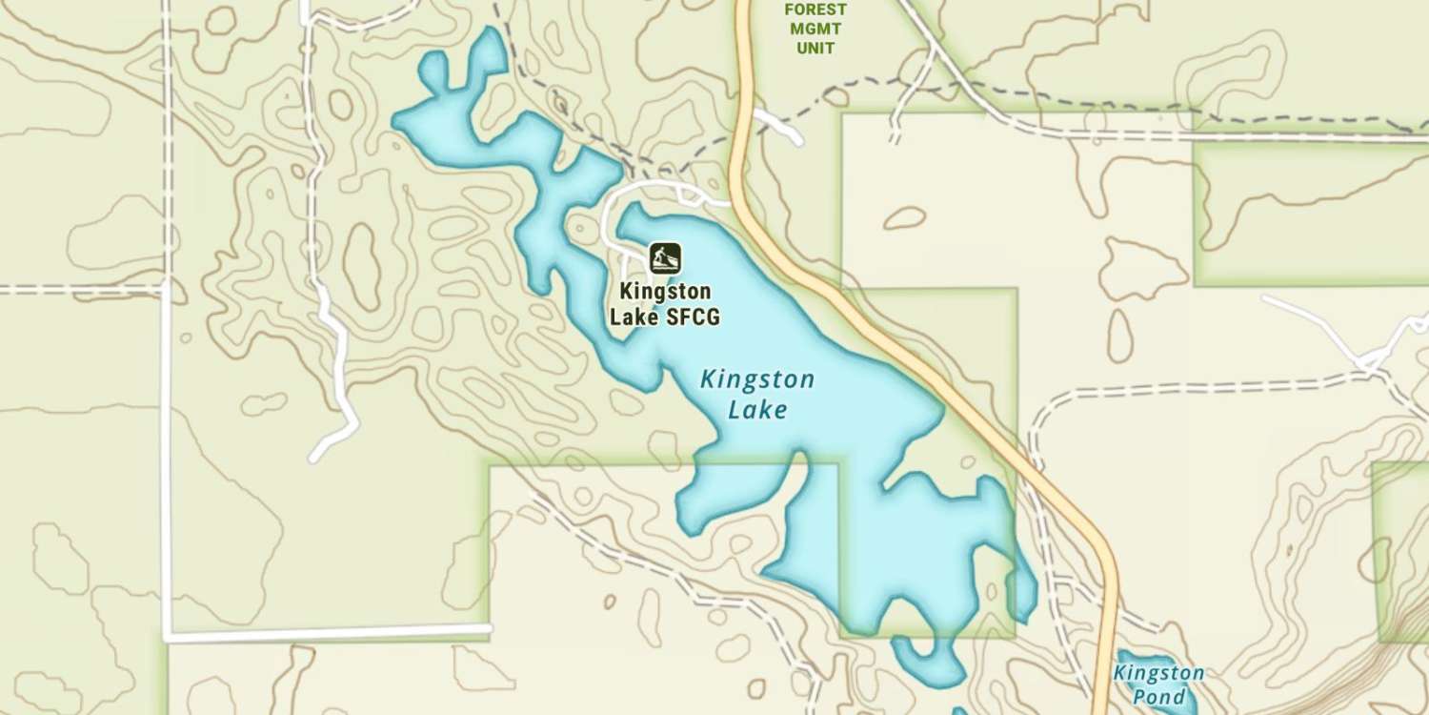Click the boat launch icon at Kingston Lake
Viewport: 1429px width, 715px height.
[x=665, y=257]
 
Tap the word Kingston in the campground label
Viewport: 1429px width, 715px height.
[x=664, y=290]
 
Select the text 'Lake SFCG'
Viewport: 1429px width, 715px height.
[x=664, y=317]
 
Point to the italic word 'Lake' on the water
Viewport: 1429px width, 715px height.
[x=757, y=410]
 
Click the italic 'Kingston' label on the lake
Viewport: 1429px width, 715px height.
[x=757, y=380]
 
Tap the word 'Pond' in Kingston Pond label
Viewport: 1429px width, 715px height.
[x=1159, y=697]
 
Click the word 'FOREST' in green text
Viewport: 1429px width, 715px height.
[x=815, y=10]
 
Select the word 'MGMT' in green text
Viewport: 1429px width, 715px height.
[x=815, y=29]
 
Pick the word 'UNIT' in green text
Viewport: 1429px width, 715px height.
[x=815, y=48]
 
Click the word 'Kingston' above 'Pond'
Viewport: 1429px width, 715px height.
[x=1158, y=674]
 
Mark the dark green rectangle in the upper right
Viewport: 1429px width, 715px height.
[x=1310, y=214]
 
